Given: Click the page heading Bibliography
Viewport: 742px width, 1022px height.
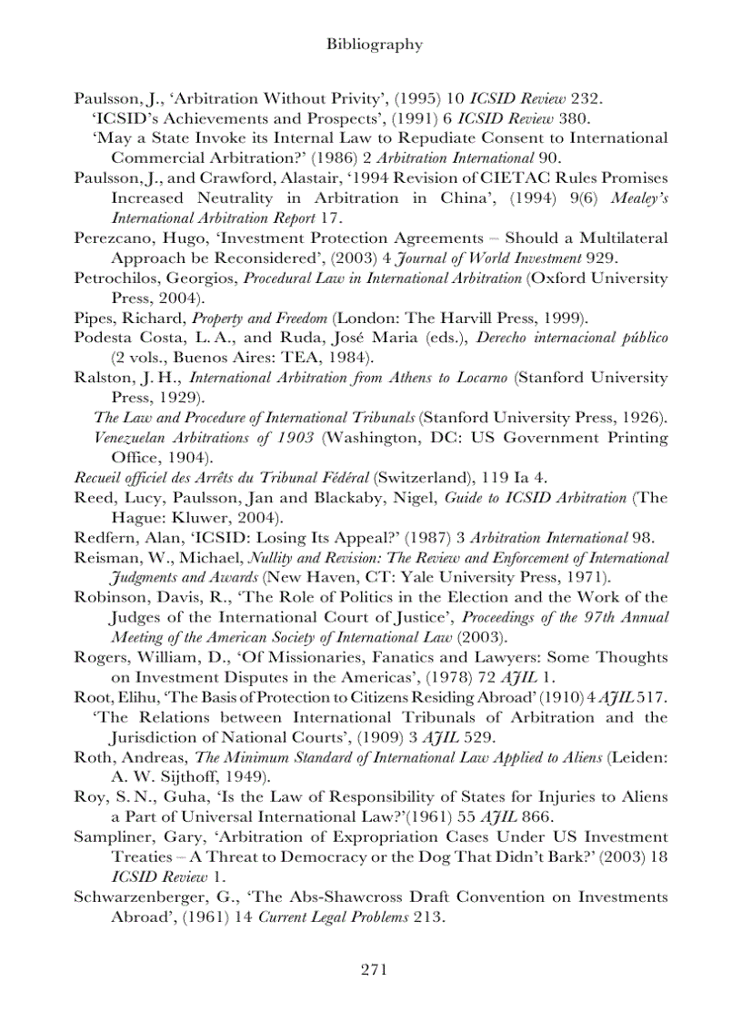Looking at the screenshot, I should tap(375, 44).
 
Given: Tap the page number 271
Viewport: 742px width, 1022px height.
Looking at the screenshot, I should tap(375, 968).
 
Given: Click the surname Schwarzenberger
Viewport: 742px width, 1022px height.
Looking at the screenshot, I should tap(134, 896).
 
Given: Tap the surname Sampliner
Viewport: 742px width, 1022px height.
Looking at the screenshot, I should tap(111, 836).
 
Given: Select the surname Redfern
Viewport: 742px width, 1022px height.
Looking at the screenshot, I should tap(103, 538).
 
